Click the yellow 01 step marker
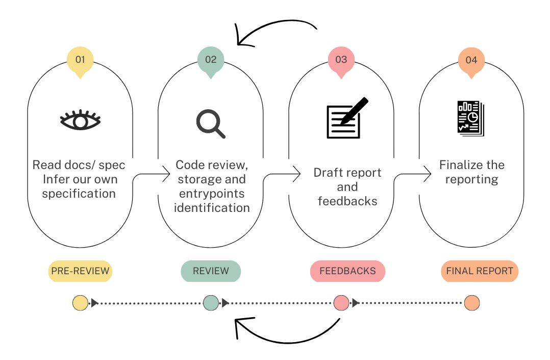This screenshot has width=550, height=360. [x=80, y=60]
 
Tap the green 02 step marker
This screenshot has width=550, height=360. [x=211, y=60]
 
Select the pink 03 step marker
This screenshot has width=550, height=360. [x=341, y=60]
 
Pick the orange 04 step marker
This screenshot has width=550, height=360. [x=471, y=60]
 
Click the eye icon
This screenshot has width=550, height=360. [x=80, y=120]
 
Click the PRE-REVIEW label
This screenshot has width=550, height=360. [x=80, y=271]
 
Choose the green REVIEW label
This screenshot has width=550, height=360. [x=211, y=271]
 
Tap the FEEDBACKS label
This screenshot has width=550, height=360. [x=347, y=271]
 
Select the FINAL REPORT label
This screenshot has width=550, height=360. [x=480, y=271]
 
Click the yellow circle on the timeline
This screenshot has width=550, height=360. [x=80, y=303]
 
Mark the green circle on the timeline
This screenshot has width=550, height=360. [x=211, y=303]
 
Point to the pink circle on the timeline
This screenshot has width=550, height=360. [x=341, y=303]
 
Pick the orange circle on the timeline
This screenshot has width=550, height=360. [x=472, y=303]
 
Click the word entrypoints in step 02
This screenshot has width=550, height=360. [x=212, y=194]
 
